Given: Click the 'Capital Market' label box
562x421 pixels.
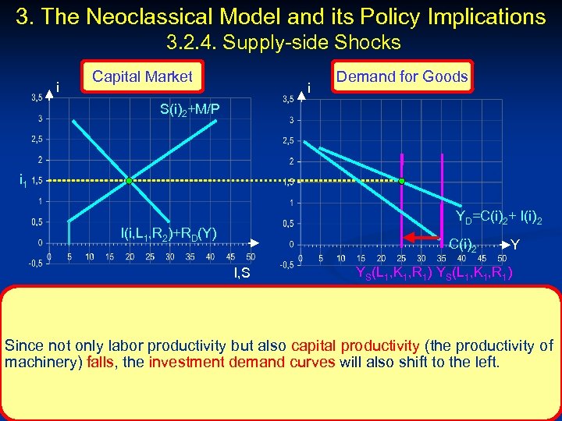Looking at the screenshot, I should coord(142,76).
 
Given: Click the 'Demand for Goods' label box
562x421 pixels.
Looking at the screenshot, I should coord(401,76).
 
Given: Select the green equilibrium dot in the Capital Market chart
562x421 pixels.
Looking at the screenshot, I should coord(130,181).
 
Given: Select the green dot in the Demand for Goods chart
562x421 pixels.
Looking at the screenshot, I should coord(401,181).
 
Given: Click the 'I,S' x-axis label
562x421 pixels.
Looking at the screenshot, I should coord(242,272).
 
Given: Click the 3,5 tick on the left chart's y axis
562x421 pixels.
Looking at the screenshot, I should coord(37,97).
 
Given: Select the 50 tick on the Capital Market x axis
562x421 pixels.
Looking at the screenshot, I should coord(250,256).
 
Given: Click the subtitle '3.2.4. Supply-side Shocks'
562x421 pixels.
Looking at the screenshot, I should coord(283,42).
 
